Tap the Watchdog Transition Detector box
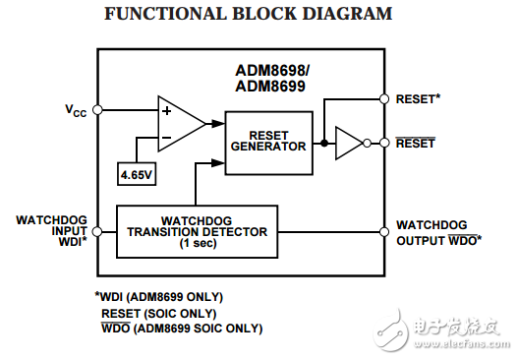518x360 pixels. click(x=197, y=232)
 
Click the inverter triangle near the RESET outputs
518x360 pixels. click(x=349, y=144)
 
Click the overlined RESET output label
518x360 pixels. click(x=416, y=144)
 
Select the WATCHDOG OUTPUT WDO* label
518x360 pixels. click(x=437, y=232)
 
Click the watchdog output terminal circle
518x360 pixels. click(x=382, y=232)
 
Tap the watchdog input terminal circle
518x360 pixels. click(x=96, y=232)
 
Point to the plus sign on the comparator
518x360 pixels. click(x=166, y=111)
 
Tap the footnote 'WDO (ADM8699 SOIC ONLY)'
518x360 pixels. click(x=182, y=329)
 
